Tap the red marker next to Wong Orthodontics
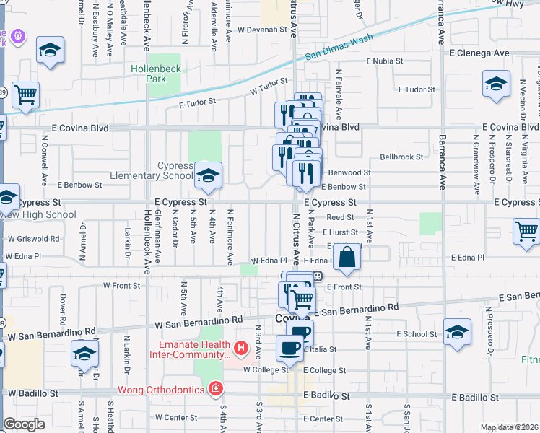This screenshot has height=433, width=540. click(214, 390)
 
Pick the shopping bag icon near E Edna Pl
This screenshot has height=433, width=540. click(347, 258)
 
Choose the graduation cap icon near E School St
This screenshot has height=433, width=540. click(458, 332)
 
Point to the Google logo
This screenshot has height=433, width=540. click(24, 424)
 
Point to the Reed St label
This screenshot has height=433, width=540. click(340, 217)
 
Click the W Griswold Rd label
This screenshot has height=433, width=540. click(33, 238)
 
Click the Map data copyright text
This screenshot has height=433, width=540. click(509, 427)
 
